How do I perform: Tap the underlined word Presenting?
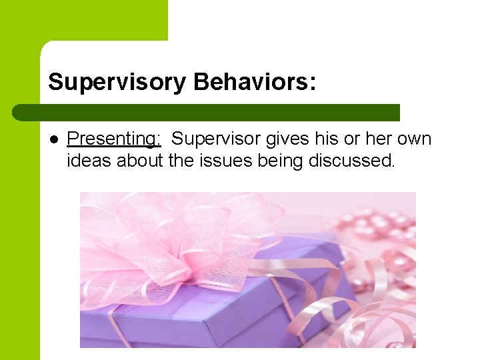click(x=114, y=139)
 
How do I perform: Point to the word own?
click(x=414, y=139)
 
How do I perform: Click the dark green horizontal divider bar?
click(x=207, y=112)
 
